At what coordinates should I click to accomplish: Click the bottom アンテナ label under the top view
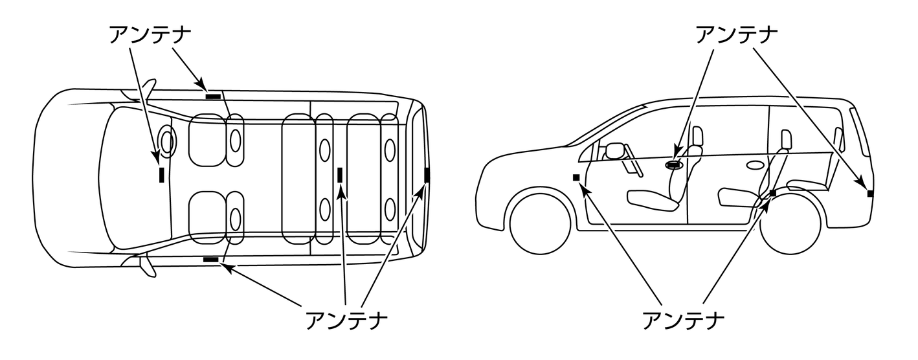[x=346, y=319]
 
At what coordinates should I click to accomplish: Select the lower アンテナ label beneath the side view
[x=682, y=319]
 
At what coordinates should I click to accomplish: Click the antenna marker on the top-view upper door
[x=213, y=97]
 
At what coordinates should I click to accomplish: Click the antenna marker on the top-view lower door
[x=211, y=260]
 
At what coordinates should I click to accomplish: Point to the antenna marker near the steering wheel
[x=161, y=174]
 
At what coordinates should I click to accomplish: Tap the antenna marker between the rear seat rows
[x=340, y=174]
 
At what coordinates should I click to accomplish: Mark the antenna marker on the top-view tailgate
[x=427, y=175]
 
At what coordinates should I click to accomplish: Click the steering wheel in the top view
[x=167, y=141]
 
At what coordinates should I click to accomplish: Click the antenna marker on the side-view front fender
[x=576, y=177]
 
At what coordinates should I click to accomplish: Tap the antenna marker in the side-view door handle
[x=675, y=165]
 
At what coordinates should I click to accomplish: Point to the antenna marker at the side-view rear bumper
[x=870, y=193]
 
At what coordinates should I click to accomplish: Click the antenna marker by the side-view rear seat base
[x=772, y=193]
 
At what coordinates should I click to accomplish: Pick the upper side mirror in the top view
[x=150, y=88]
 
